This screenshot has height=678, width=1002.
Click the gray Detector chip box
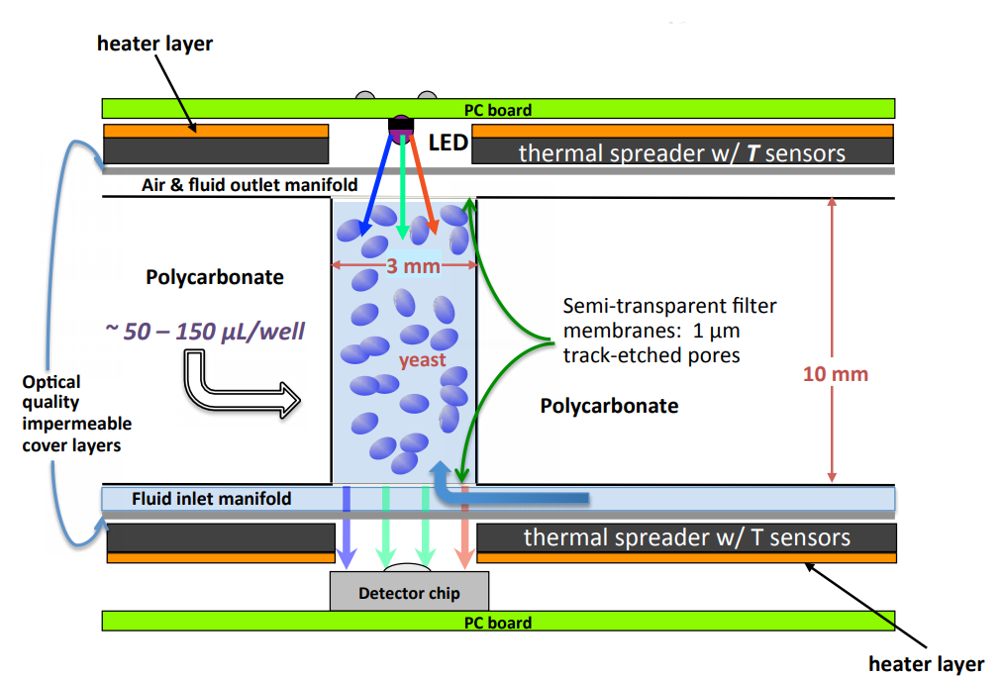(409, 593)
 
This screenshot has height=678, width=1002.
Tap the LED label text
(448, 144)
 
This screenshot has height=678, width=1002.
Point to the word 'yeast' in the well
(423, 360)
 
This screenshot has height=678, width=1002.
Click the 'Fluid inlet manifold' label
(212, 498)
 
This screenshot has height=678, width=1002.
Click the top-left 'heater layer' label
(154, 44)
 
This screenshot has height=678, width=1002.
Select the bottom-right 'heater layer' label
(926, 663)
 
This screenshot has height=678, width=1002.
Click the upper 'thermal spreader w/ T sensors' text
(681, 152)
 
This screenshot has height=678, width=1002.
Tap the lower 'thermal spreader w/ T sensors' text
(686, 537)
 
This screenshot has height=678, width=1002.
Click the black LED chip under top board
(401, 127)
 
